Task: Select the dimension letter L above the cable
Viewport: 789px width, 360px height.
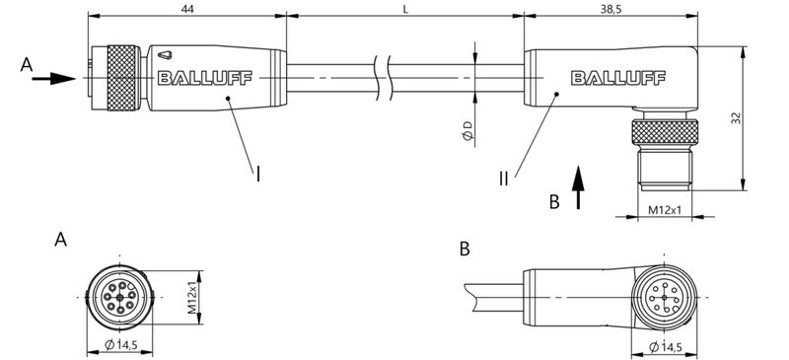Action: pos(405,7)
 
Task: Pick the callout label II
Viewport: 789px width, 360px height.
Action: pos(503,179)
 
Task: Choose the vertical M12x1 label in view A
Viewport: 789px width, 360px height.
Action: pos(193,293)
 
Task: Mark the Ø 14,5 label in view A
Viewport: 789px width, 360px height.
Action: pos(122,344)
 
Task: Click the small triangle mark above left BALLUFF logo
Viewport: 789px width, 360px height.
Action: pos(164,56)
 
